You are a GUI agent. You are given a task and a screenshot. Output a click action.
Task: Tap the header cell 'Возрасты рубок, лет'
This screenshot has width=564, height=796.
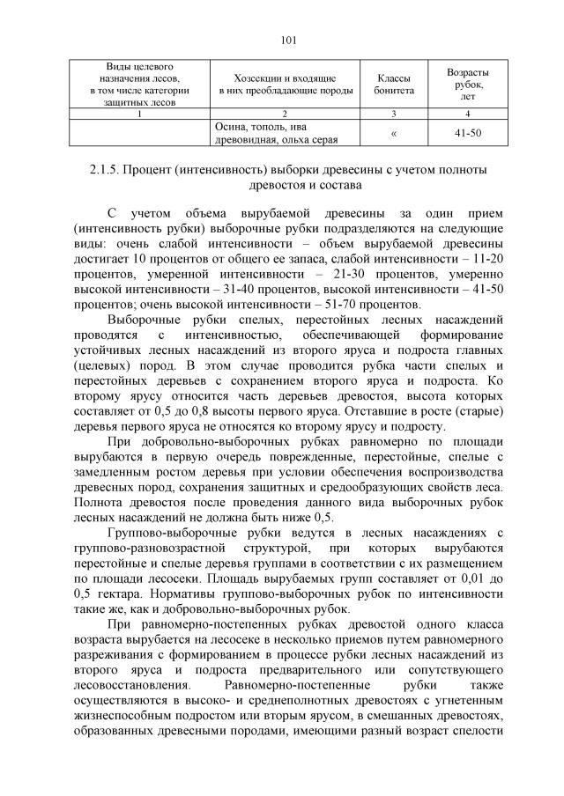467,84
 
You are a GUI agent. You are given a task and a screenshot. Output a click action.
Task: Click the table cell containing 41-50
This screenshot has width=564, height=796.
467,133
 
